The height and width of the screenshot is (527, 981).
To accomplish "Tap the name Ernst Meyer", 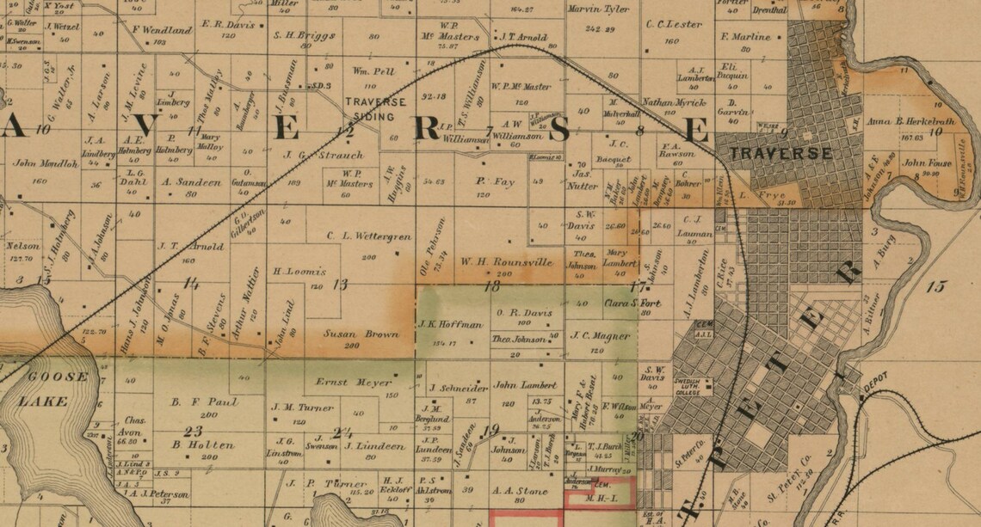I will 342,382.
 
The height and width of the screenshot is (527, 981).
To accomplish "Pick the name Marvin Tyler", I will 598,9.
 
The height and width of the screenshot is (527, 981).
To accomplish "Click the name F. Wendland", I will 162,30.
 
